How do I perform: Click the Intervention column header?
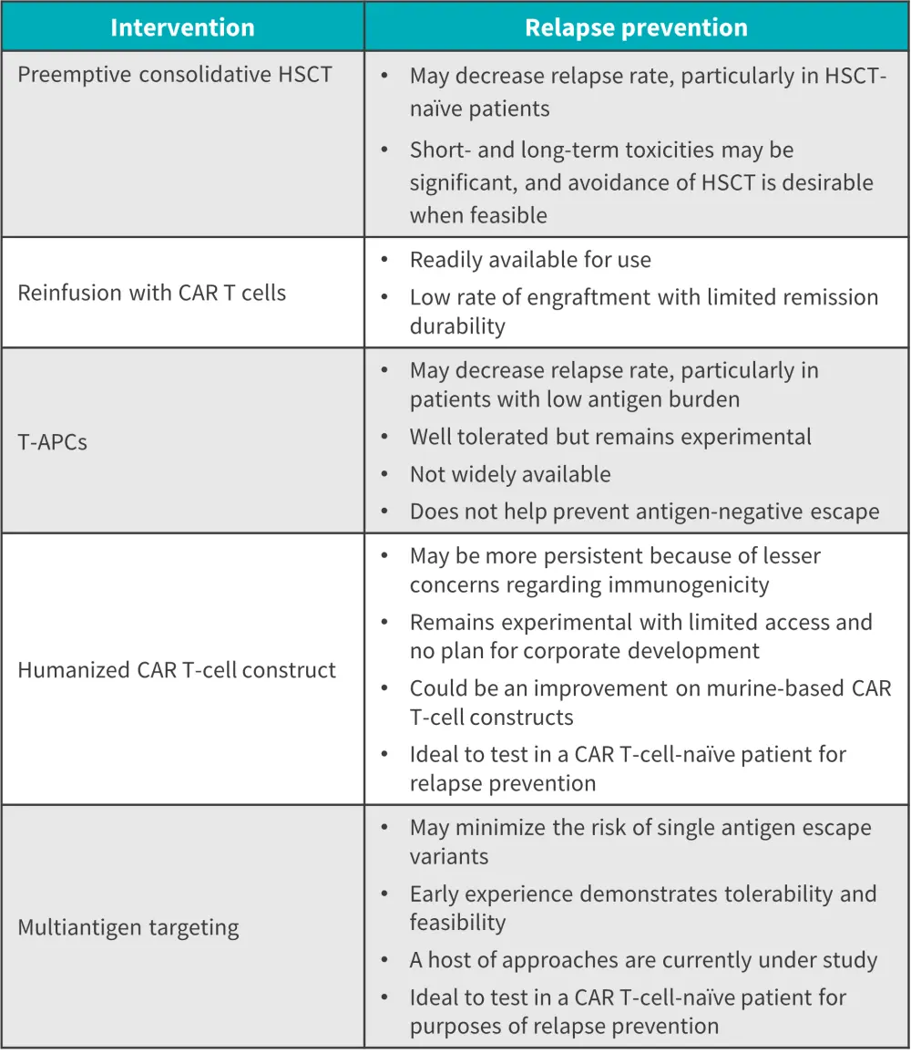coord(182,27)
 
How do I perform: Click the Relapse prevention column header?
coord(636,27)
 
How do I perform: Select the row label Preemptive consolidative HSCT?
coord(175,75)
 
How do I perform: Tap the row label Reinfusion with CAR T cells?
coord(151,293)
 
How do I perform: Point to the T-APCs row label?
coord(53,442)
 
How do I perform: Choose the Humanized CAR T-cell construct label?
coord(177,670)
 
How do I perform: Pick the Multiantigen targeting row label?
coord(128,928)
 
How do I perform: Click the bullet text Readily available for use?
coord(530,260)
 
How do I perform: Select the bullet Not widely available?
coord(510,474)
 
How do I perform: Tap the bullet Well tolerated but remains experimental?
coord(610,437)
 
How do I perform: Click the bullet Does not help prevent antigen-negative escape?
coord(644,511)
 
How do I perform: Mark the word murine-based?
coord(773,689)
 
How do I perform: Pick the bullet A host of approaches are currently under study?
coord(643,960)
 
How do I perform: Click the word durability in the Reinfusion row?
coord(457,326)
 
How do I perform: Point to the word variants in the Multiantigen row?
coord(449,856)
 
